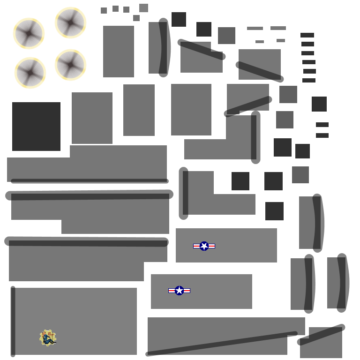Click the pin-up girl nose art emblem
[48, 338]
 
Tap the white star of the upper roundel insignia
[204, 246]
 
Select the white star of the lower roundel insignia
[179, 291]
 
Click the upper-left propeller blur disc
[29, 33]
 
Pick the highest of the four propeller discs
[70, 22]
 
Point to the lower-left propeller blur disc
[30, 73]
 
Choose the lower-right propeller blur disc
[70, 65]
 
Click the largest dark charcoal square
[36, 127]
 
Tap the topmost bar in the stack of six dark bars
[307, 35]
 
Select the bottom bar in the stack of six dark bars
[309, 80]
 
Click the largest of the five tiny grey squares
[143, 8]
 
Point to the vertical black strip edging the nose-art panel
[13, 321]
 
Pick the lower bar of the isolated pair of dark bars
[322, 135]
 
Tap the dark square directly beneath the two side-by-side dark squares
[274, 211]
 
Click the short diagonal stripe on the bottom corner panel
[321, 335]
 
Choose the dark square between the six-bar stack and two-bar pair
[319, 104]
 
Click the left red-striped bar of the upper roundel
[196, 246]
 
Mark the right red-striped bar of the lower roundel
[187, 291]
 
